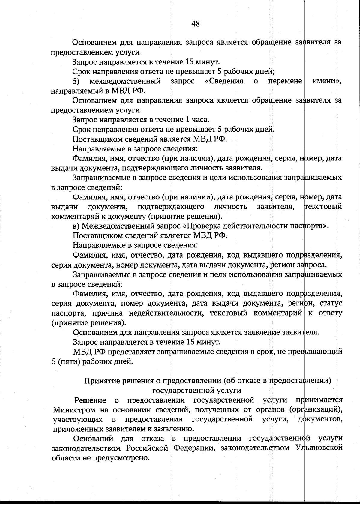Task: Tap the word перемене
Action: tap(285, 81)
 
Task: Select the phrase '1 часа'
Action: tap(197, 120)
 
